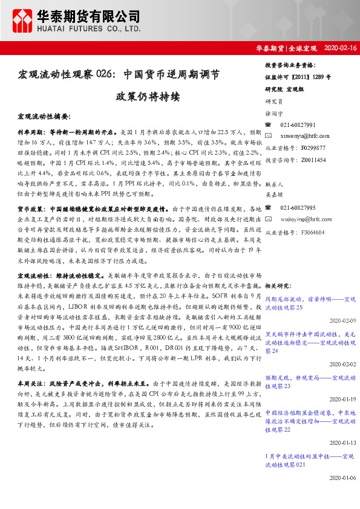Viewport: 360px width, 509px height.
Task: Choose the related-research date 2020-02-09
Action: point(343,321)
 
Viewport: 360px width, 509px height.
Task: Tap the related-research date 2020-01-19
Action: point(343,399)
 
